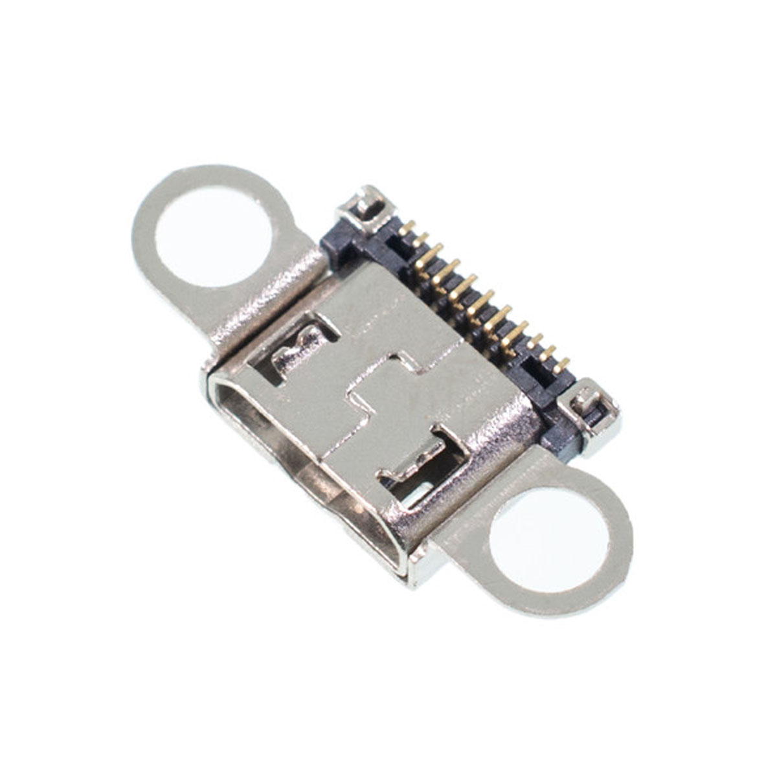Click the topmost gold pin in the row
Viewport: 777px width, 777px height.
407,228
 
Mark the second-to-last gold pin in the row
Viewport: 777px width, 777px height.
548,353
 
